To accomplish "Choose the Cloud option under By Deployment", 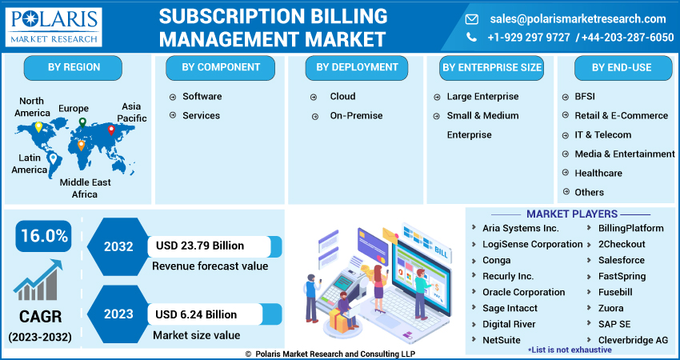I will [x=342, y=97].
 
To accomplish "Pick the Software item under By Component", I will [x=202, y=97].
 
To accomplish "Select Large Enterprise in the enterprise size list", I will [x=482, y=97].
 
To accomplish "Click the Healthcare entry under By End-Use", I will [x=598, y=174].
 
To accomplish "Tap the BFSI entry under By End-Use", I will [x=585, y=97].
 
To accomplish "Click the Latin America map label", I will [x=29, y=164].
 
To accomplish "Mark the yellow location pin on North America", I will [x=38, y=126].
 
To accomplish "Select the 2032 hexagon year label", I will [x=118, y=246].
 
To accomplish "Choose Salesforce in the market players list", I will [x=621, y=261].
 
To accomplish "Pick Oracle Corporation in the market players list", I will [x=523, y=293].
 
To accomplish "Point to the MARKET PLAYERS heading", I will [x=571, y=214].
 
